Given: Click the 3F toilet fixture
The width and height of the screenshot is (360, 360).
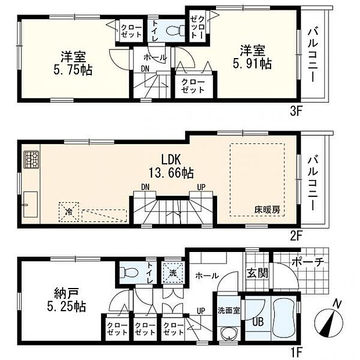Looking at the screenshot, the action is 175,30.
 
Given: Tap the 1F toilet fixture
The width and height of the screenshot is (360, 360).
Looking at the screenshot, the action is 128,272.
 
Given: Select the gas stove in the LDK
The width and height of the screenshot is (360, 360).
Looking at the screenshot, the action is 31,160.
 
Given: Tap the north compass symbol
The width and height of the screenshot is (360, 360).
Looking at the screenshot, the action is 329,320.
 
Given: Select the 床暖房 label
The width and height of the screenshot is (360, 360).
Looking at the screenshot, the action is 267,210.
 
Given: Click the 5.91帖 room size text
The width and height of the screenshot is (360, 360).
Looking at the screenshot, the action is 253,64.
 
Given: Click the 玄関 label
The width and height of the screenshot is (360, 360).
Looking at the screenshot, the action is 257,273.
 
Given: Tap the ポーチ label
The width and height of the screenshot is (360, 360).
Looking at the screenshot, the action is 308,262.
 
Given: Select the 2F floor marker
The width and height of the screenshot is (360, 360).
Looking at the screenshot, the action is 296,236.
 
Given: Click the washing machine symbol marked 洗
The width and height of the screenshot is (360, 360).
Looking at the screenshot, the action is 173,272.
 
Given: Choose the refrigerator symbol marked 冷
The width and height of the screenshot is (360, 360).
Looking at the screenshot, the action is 69,212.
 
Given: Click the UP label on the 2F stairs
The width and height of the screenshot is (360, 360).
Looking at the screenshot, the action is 201,188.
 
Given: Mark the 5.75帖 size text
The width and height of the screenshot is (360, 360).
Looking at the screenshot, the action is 73,70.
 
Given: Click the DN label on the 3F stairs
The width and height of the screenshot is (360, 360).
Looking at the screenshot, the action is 145,69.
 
